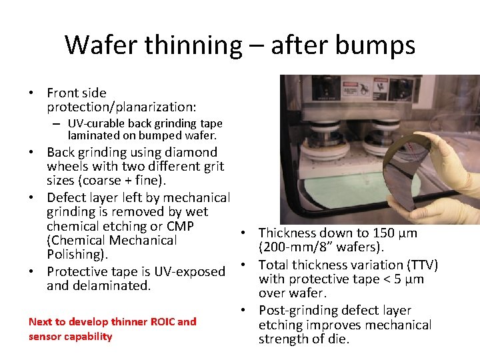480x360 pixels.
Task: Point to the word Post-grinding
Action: [297, 311]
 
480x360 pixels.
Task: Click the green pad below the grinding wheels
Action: [347, 186]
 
